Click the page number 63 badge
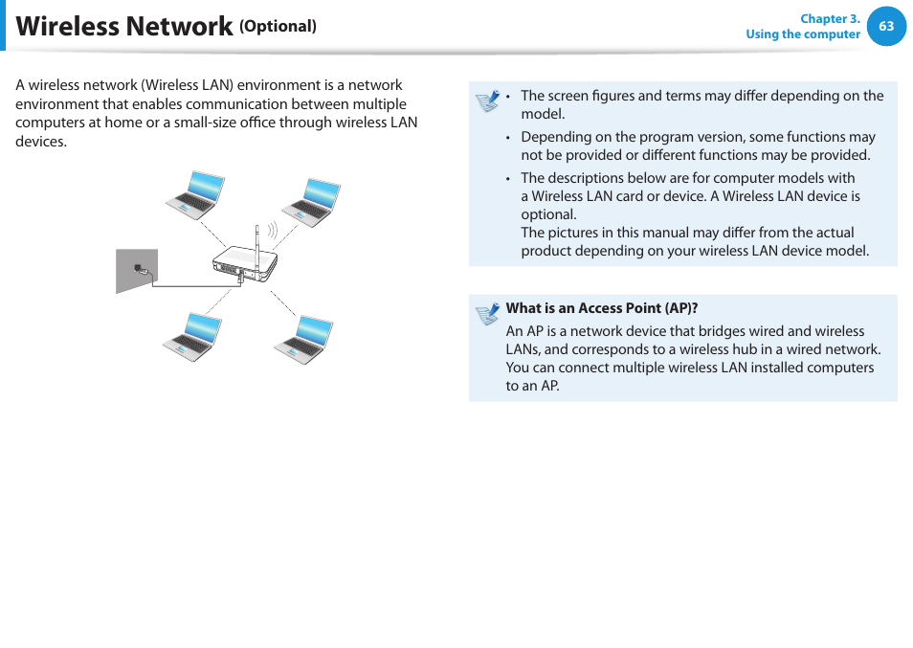tap(886, 27)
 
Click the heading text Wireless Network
tap(124, 27)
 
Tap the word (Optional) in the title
tap(278, 27)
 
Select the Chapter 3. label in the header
tap(830, 19)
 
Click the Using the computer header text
tap(802, 34)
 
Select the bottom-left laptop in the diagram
tap(193, 336)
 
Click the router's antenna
tap(256, 239)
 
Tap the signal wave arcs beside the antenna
tap(272, 231)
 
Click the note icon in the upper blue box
tap(487, 101)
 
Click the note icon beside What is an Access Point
tap(487, 313)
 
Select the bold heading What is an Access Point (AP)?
tap(601, 308)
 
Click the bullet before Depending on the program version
tap(509, 138)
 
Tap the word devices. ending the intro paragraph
tap(41, 142)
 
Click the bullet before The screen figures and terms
tap(509, 97)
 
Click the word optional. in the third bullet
tap(548, 214)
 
